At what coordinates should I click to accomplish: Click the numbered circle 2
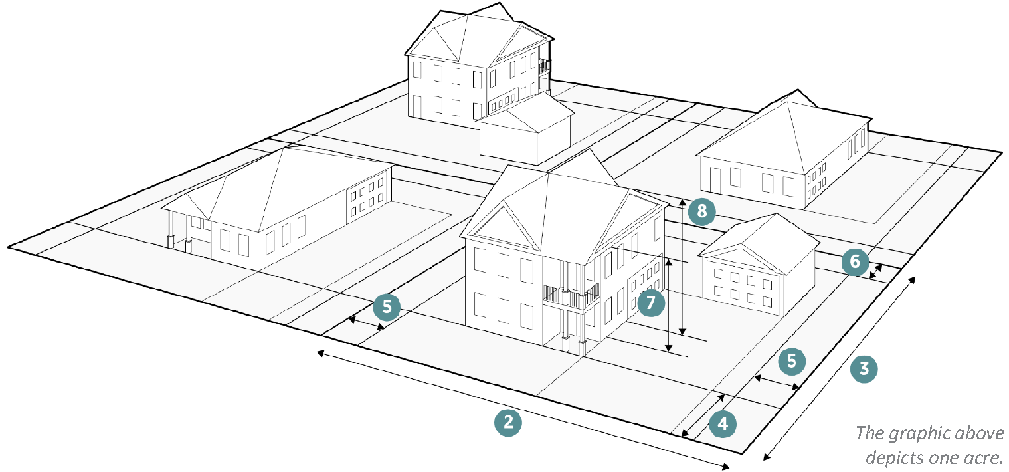point(507,423)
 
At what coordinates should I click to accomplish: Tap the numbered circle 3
point(864,368)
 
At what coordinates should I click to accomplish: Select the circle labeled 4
point(723,423)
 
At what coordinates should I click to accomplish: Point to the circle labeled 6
point(854,261)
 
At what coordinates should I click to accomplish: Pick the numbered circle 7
point(650,302)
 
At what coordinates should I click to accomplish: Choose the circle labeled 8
point(701,211)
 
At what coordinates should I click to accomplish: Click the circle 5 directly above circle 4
point(792,361)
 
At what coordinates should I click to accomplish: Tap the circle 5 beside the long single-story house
point(387,307)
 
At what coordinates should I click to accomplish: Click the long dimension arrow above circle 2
point(525,408)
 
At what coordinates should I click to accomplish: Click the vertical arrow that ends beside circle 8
point(683,266)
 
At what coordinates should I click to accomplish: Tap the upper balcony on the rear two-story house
point(545,65)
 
